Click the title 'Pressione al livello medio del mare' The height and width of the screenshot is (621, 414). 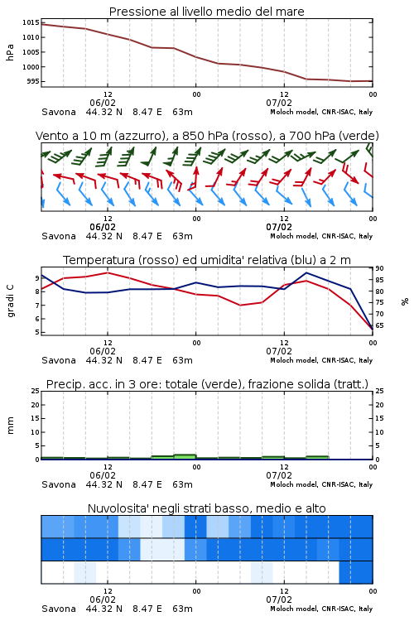coord(206,12)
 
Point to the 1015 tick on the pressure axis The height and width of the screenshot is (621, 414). coord(31,22)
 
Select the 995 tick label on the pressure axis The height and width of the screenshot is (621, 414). coord(33,81)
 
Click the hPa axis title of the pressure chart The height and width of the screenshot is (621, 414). coord(10,52)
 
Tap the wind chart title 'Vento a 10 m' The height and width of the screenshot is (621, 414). coord(73,136)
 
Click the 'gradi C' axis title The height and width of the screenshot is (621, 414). coord(10,301)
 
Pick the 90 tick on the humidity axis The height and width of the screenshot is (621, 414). coord(379,268)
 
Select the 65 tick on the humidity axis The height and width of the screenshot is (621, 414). coord(379,325)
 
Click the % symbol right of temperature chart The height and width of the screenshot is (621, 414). coord(405,301)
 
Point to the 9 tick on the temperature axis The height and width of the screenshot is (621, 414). coord(37,278)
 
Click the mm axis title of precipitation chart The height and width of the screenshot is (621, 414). coord(10,426)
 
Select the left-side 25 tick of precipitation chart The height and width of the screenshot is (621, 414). coord(36,391)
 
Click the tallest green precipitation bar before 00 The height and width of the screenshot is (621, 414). coord(185,456)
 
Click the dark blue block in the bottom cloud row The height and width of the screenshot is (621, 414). coord(356,572)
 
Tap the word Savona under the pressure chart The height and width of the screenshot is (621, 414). coord(59,112)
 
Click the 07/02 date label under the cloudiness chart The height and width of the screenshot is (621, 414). coord(279,599)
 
